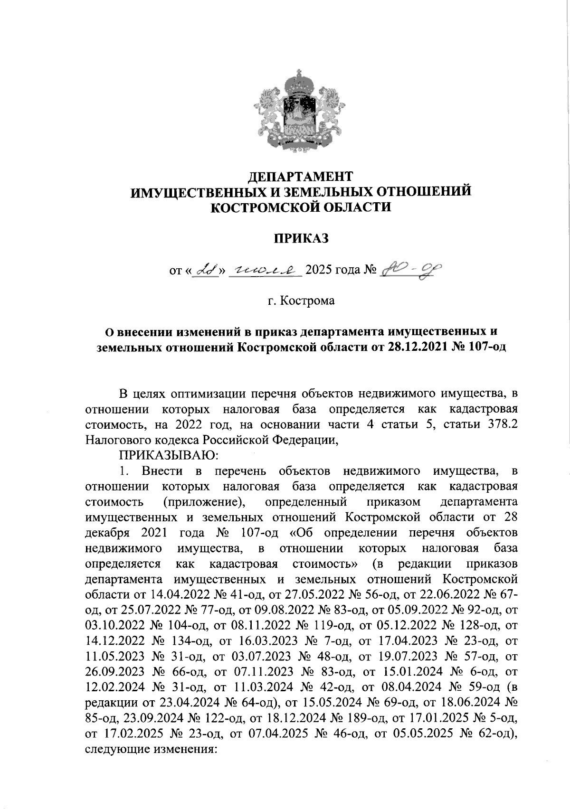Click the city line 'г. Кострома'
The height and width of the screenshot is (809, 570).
300,301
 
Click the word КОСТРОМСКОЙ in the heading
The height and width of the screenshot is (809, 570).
257,207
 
